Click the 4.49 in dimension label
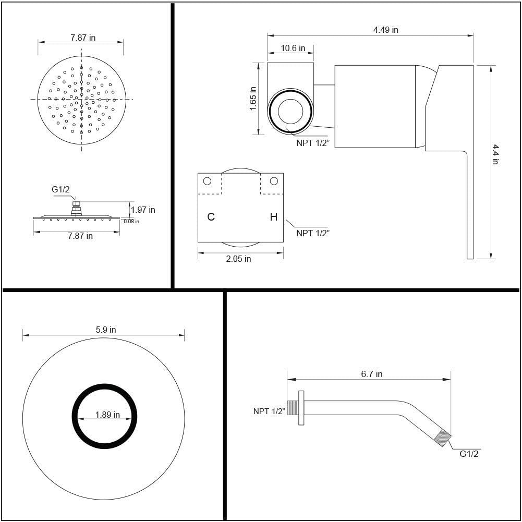tap(385, 30)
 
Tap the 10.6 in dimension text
tap(293, 48)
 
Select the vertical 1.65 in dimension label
tap(253, 99)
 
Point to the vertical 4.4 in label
tap(496, 154)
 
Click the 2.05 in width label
tap(238, 259)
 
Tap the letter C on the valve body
tap(211, 217)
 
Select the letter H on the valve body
tap(273, 217)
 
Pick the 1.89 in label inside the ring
tap(107, 415)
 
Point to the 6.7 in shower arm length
tap(372, 374)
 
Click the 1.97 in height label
tap(143, 210)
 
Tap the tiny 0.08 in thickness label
tap(131, 222)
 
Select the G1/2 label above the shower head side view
tap(60, 190)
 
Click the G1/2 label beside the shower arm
tap(469, 453)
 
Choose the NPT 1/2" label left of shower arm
tap(269, 411)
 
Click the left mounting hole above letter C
tap(207, 181)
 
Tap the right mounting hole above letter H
tap(274, 181)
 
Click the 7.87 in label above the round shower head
tap(83, 38)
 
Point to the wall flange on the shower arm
tap(301, 408)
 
